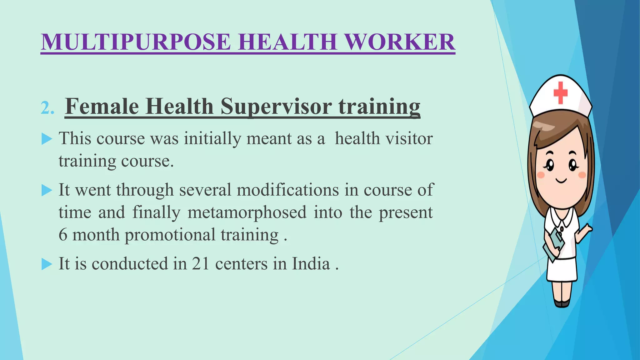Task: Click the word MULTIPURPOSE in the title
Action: tap(136, 42)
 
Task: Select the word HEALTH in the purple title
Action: tap(287, 42)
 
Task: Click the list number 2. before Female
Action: tap(47, 109)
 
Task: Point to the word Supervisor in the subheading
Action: tap(276, 107)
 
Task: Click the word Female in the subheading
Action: tap(102, 107)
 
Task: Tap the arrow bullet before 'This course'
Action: tap(47, 139)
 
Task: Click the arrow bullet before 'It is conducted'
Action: tap(47, 264)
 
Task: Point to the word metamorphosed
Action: tap(247, 212)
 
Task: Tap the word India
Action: tap(311, 264)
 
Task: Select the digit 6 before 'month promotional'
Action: tap(63, 235)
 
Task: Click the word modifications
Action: tap(287, 190)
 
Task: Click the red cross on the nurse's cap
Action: tap(560, 93)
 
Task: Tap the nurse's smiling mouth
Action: tap(561, 181)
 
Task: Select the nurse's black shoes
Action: tap(562, 303)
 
